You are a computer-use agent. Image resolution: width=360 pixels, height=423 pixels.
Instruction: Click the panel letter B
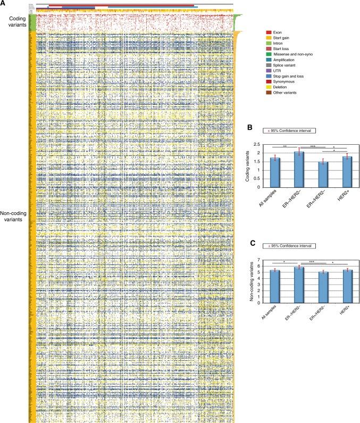point(246,127)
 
